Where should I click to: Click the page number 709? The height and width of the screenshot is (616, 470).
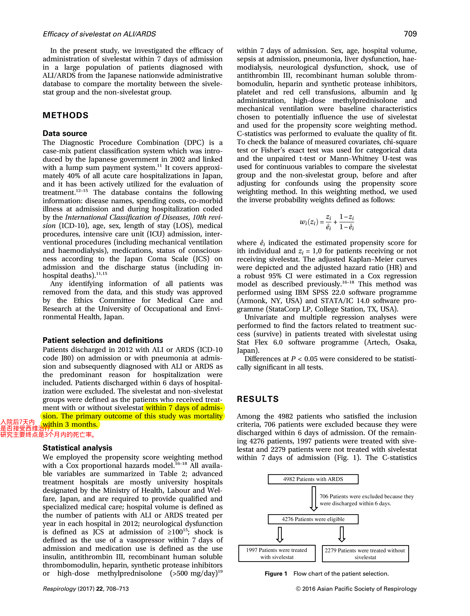[x=410, y=34]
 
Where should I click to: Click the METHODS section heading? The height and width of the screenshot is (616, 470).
[x=65, y=115]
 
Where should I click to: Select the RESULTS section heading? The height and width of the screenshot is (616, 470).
[x=258, y=399]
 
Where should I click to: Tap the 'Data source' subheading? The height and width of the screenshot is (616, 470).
[x=65, y=133]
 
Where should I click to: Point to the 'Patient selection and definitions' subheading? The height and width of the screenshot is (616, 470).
[x=103, y=340]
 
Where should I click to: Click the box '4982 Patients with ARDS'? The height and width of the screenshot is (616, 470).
[x=313, y=479]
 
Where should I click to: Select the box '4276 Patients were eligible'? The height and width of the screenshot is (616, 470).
[x=313, y=519]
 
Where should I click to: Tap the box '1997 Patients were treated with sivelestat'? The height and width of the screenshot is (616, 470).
[x=277, y=553]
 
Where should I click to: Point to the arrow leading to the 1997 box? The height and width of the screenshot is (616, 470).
[x=280, y=534]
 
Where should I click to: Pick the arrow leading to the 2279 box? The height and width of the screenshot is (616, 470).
[x=342, y=534]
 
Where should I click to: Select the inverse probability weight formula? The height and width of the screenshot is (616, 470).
[x=327, y=222]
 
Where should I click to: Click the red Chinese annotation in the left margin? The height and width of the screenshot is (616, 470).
[x=25, y=428]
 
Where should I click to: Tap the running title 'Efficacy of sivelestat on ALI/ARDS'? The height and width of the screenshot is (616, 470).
[x=99, y=34]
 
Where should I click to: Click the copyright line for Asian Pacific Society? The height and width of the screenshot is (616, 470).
[x=356, y=589]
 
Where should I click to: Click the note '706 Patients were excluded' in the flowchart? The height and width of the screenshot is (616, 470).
[x=367, y=500]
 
